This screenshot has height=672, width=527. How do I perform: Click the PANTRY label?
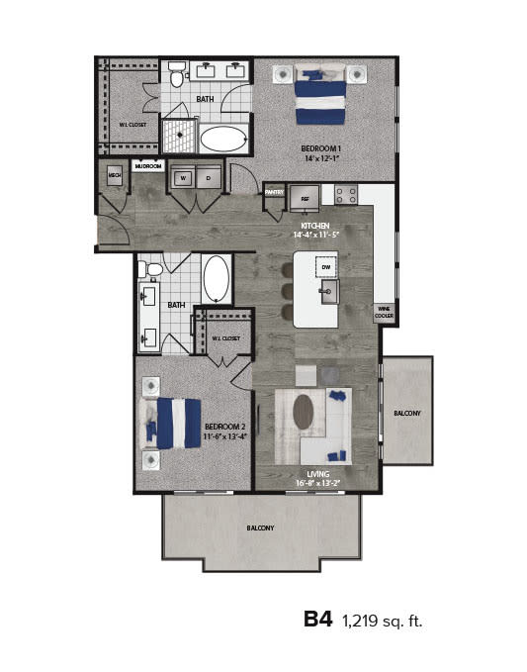tap(274, 191)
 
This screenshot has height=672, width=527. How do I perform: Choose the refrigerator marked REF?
tap(305, 197)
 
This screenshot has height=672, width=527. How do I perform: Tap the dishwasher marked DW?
tap(325, 266)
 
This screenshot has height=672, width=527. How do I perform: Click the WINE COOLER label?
tap(384, 312)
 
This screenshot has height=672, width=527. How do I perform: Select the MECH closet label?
tap(114, 175)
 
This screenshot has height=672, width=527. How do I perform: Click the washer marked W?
tap(181, 178)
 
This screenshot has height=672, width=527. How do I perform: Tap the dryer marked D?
tap(208, 178)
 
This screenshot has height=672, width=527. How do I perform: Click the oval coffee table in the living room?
tap(303, 412)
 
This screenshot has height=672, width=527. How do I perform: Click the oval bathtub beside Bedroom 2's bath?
tap(217, 279)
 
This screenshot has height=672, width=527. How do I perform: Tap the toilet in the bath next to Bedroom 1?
tap(177, 75)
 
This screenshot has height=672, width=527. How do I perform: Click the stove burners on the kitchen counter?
tap(345, 194)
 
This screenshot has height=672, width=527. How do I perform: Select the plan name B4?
tap(317, 620)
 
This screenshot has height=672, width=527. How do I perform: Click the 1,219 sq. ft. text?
tap(382, 622)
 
